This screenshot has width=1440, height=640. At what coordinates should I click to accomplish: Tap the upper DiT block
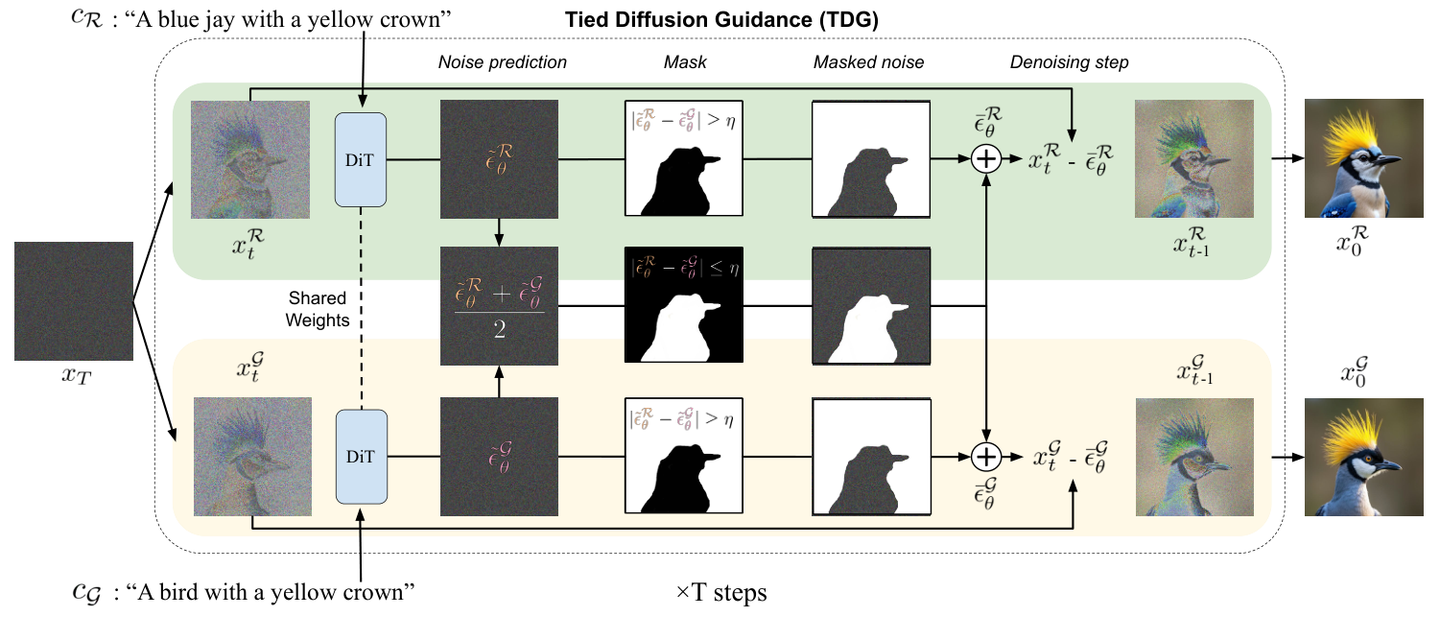click(360, 159)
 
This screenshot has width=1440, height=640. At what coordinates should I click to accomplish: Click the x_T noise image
click(73, 300)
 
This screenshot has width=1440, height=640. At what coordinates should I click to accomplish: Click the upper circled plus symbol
click(986, 160)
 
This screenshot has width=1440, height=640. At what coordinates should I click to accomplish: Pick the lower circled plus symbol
click(986, 456)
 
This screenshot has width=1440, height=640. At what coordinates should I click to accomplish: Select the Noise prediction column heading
click(503, 63)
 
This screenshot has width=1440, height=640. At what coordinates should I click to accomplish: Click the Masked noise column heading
click(868, 63)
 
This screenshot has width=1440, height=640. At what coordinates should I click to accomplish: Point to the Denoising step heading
click(1069, 63)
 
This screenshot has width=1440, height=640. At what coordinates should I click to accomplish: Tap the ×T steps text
click(721, 593)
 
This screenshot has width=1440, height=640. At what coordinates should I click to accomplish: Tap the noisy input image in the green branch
click(250, 160)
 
